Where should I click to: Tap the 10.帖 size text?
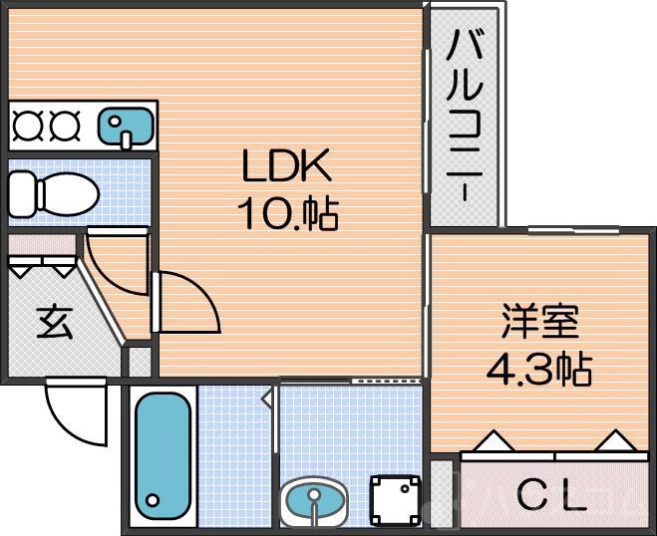(x=286, y=212)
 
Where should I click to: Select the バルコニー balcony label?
(x=466, y=115)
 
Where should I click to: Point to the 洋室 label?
(x=538, y=325)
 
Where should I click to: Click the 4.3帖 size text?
(x=538, y=370)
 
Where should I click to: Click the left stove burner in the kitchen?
(x=27, y=125)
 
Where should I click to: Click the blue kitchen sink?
(x=126, y=125)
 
